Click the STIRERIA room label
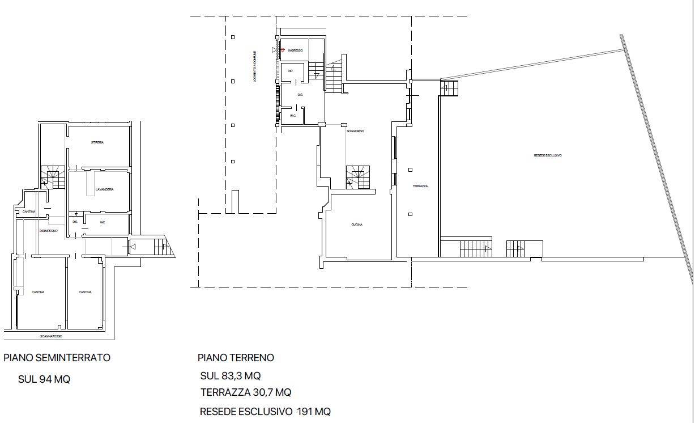(x=97, y=142)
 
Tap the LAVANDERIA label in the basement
(x=105, y=189)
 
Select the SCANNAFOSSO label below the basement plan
(x=51, y=336)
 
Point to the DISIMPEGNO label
(x=49, y=231)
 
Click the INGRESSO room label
(x=295, y=51)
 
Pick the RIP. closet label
(x=290, y=71)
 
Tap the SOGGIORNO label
(x=356, y=131)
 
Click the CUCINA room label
(x=357, y=225)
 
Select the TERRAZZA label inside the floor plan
(x=420, y=186)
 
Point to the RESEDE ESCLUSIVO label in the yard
(x=548, y=155)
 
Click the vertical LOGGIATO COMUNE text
(x=255, y=66)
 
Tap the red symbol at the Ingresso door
(x=281, y=50)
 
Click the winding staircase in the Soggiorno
(x=358, y=177)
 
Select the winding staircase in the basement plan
(x=52, y=178)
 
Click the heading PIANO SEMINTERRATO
(x=57, y=358)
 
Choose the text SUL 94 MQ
(x=44, y=379)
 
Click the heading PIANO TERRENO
(x=236, y=358)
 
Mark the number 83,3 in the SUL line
(x=233, y=376)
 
